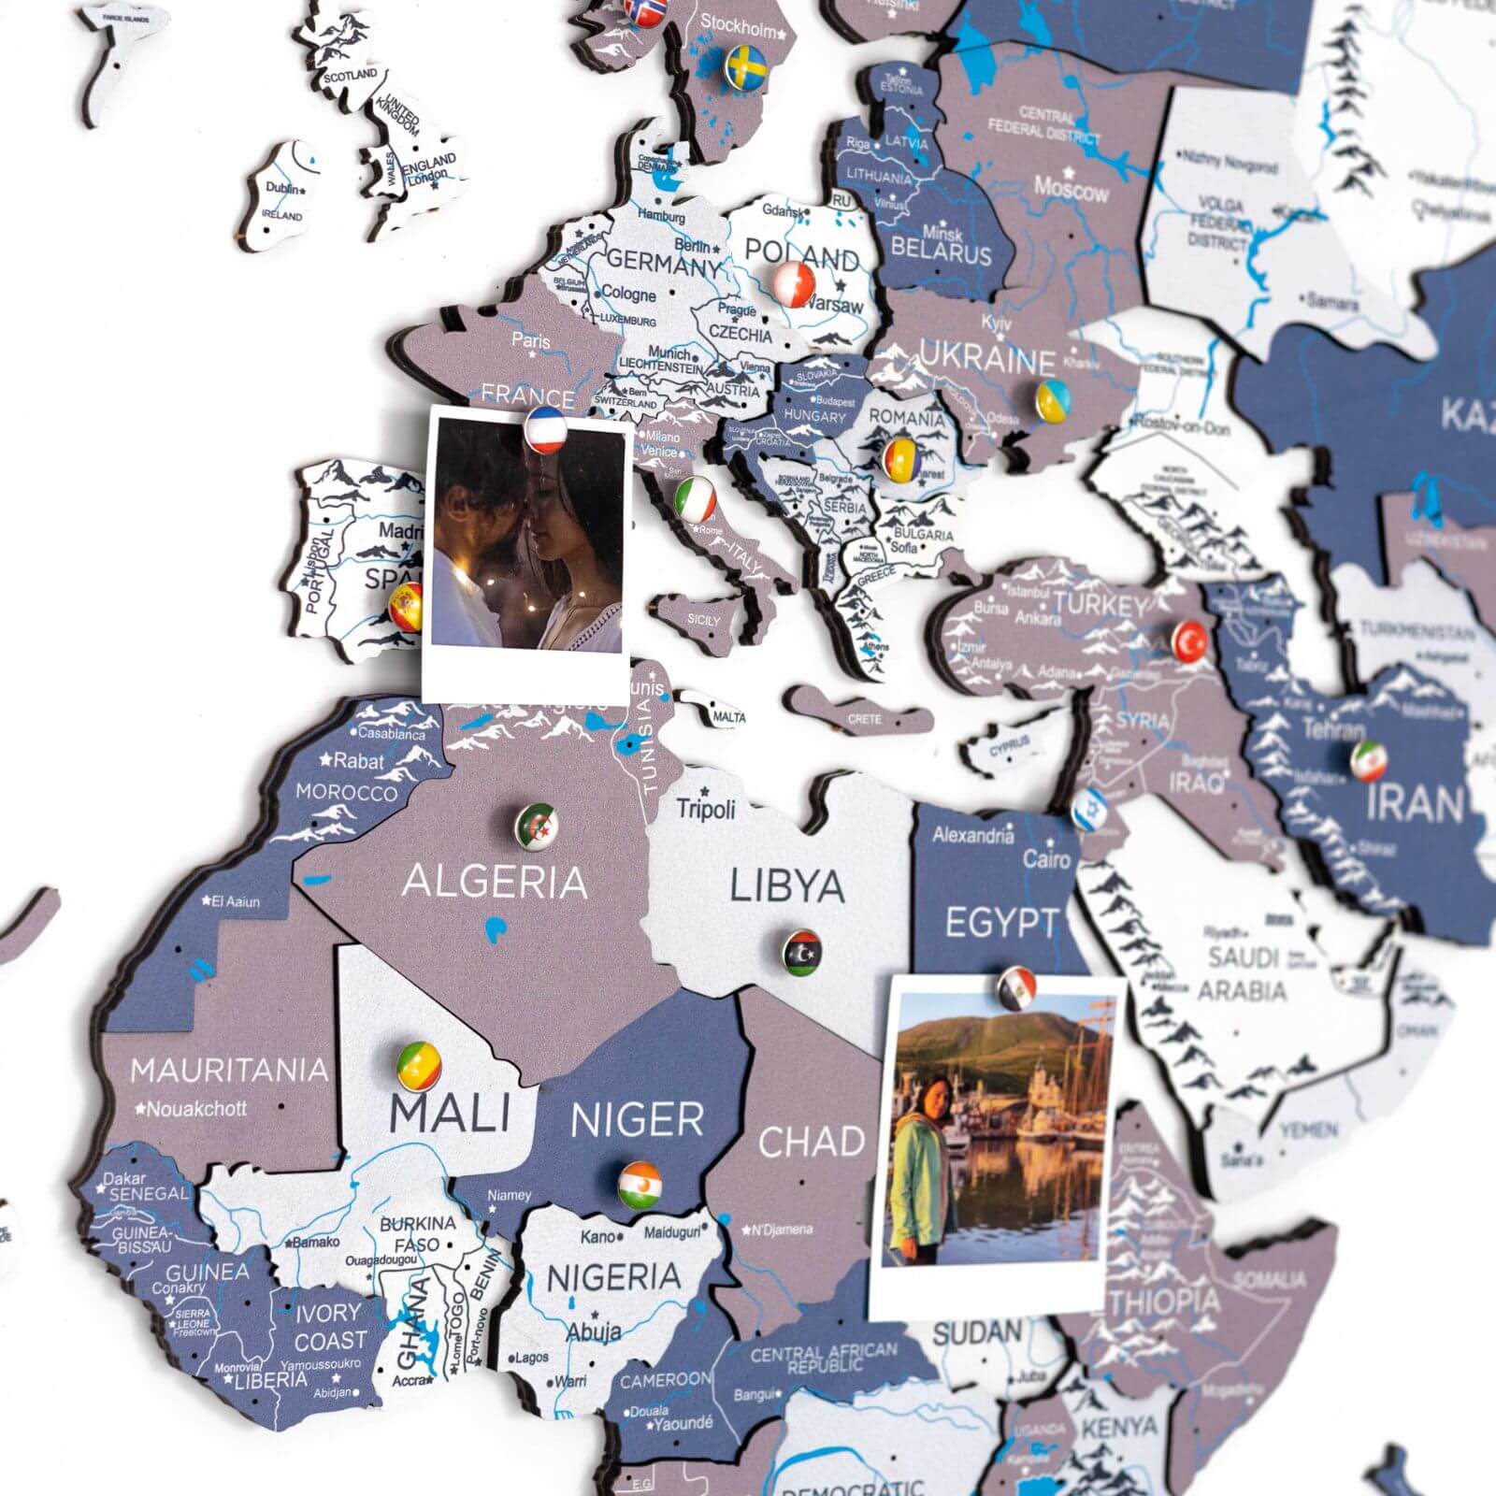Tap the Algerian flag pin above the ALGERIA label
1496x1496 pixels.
(538, 826)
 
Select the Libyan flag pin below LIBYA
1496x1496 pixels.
(802, 953)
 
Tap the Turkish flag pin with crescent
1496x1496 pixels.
(1190, 641)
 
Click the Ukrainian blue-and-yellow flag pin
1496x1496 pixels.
(1053, 399)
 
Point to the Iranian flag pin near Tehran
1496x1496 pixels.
(1368, 761)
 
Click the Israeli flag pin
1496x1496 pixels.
(1090, 809)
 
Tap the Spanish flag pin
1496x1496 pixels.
(406, 607)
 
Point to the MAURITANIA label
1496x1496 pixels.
(229, 1070)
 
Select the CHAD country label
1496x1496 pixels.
(811, 1142)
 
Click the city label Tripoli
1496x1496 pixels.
(706, 809)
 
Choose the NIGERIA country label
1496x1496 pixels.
(613, 1277)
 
